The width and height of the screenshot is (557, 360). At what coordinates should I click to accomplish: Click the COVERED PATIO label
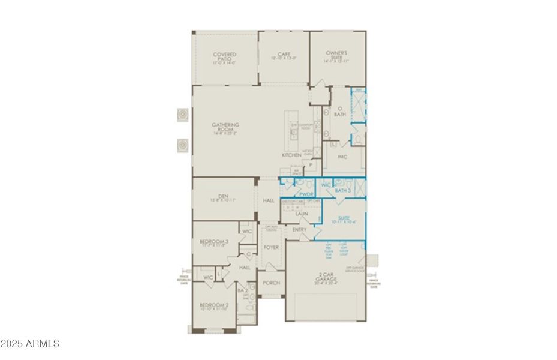tap(225, 57)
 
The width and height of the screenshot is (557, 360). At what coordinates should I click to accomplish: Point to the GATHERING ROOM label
tap(225, 128)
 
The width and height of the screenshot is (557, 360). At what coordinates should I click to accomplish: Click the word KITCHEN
tap(291, 155)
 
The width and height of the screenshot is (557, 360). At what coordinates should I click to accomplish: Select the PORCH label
tap(271, 283)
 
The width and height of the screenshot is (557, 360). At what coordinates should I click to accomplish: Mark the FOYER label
tap(271, 247)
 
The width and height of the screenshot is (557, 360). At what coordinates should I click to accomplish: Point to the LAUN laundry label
tap(301, 213)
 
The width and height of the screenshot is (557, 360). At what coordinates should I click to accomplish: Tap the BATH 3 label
tap(342, 190)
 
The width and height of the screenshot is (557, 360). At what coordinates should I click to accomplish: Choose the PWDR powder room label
tap(306, 194)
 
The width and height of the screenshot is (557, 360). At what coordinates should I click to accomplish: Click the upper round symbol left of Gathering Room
tap(182, 114)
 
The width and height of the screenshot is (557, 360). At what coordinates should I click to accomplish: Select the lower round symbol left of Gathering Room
tap(182, 145)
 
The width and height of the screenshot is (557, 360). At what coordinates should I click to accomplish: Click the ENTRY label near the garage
tap(299, 230)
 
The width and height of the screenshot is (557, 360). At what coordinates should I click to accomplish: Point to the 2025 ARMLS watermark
tap(30, 344)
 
